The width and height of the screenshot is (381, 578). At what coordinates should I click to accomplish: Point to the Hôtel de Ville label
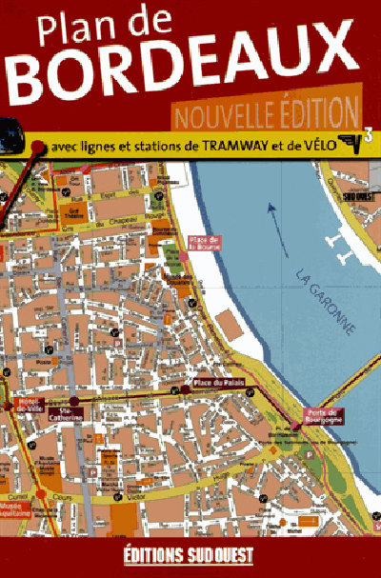tap(26, 407)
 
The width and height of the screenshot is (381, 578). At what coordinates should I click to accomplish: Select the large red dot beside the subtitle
tap(38, 148)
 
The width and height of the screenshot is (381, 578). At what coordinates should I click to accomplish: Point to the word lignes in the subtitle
tap(102, 148)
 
